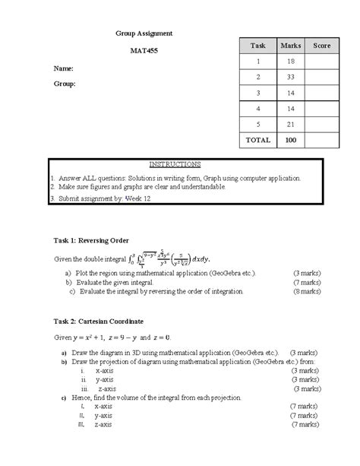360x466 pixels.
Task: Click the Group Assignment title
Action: pos(144,33)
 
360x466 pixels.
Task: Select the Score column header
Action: pos(321,46)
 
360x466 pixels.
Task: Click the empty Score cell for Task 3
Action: pos(321,93)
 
